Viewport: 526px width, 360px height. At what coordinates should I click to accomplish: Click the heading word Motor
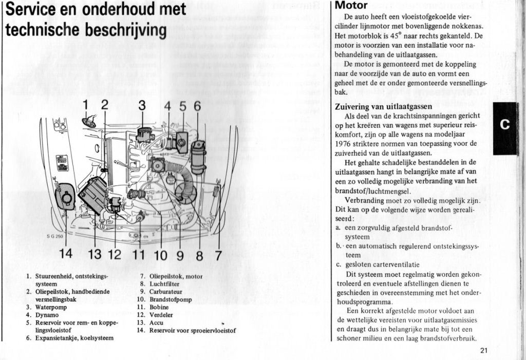(351, 6)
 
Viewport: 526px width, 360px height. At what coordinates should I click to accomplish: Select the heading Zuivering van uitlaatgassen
(383, 107)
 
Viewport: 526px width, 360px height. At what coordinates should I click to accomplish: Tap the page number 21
(484, 351)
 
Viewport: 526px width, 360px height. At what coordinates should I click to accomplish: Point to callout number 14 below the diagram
(66, 254)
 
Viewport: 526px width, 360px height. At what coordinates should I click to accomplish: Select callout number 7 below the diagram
(219, 254)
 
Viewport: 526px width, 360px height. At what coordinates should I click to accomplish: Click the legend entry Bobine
(160, 307)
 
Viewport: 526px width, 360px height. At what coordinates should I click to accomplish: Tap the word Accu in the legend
(157, 323)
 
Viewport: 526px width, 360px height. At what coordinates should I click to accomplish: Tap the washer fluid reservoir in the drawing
(65, 197)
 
